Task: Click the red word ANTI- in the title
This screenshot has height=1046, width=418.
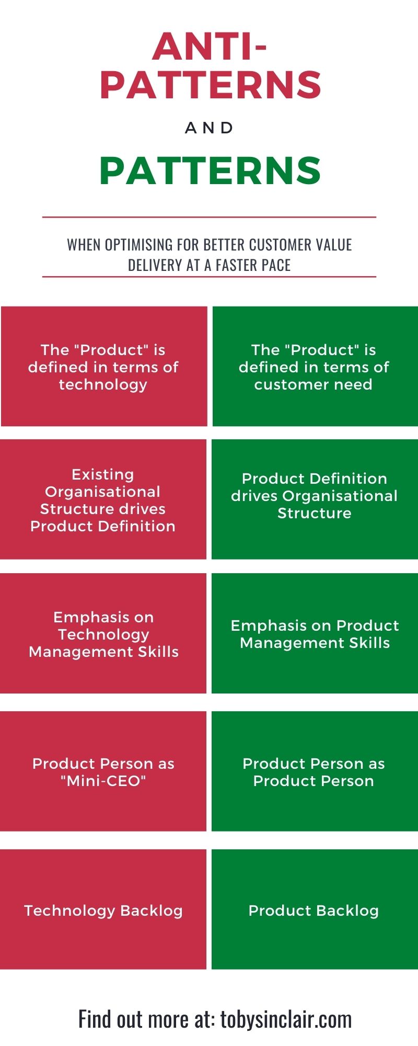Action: coord(210,46)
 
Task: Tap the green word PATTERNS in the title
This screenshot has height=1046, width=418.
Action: coord(210,170)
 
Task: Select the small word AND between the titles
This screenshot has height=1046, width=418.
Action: coord(210,128)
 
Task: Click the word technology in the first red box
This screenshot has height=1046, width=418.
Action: coord(103,385)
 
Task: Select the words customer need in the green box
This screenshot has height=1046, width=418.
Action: coord(313,384)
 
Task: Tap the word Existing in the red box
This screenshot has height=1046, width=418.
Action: coord(103,475)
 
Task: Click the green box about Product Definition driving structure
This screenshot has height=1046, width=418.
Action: coord(315,499)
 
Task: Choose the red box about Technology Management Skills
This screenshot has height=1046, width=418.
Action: coord(103,633)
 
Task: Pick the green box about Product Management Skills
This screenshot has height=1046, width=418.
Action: coord(315,633)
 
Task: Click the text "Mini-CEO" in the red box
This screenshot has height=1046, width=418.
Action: coord(103,781)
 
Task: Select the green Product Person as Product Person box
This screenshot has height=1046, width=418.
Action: coord(315,771)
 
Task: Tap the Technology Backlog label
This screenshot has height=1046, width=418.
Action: coord(103,911)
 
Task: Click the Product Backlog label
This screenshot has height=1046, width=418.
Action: coord(313,911)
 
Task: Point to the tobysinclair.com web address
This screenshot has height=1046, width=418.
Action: coord(286,1019)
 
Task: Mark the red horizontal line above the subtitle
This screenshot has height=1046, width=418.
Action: coord(209,217)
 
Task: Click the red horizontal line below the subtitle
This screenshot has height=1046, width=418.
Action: coord(209,277)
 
